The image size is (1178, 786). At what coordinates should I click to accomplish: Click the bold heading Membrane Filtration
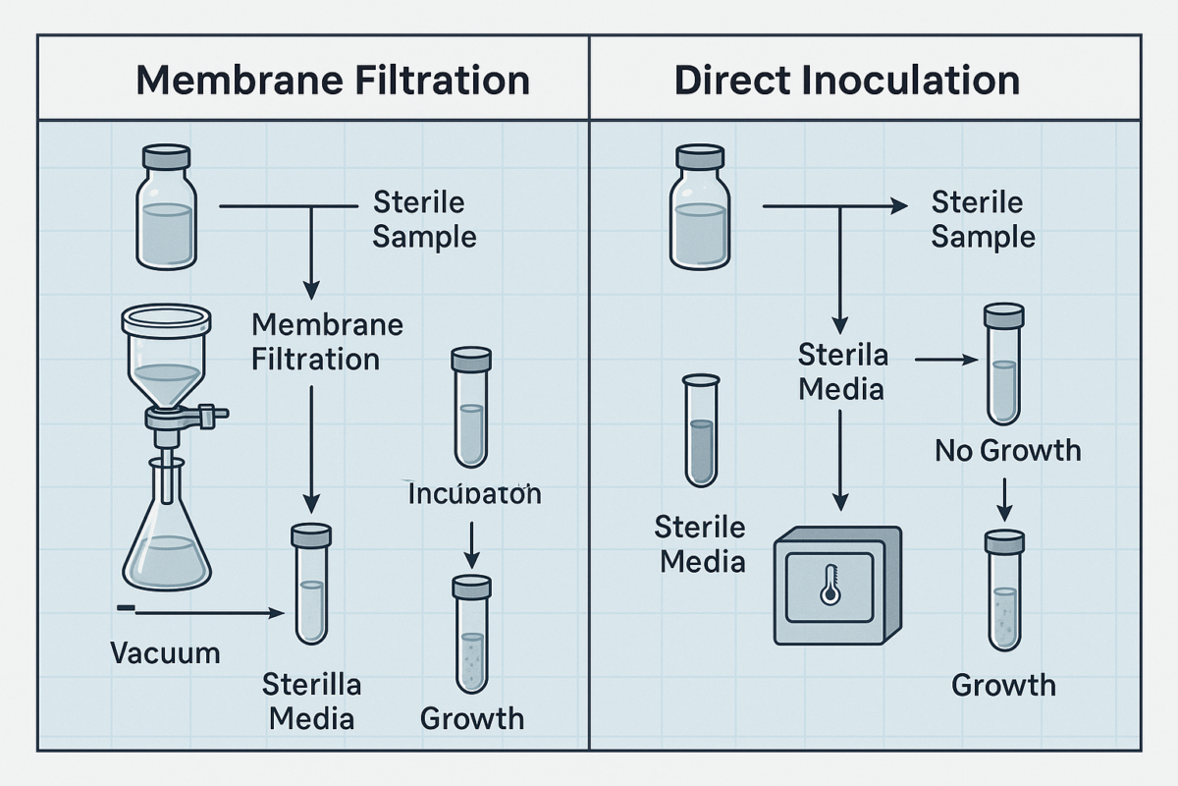333,80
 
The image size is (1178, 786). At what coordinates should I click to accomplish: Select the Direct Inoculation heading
846,80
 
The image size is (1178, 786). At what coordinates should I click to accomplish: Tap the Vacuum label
165,651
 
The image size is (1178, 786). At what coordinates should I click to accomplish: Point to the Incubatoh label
474,492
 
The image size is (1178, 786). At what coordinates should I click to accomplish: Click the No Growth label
1007,451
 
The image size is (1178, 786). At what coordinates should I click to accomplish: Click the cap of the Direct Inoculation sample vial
700,158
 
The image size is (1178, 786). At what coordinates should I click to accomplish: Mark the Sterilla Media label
311,701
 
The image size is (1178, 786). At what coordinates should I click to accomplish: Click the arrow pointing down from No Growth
1004,498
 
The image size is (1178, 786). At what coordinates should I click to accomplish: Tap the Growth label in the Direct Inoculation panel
1003,684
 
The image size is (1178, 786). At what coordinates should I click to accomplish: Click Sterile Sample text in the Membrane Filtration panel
424,220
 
